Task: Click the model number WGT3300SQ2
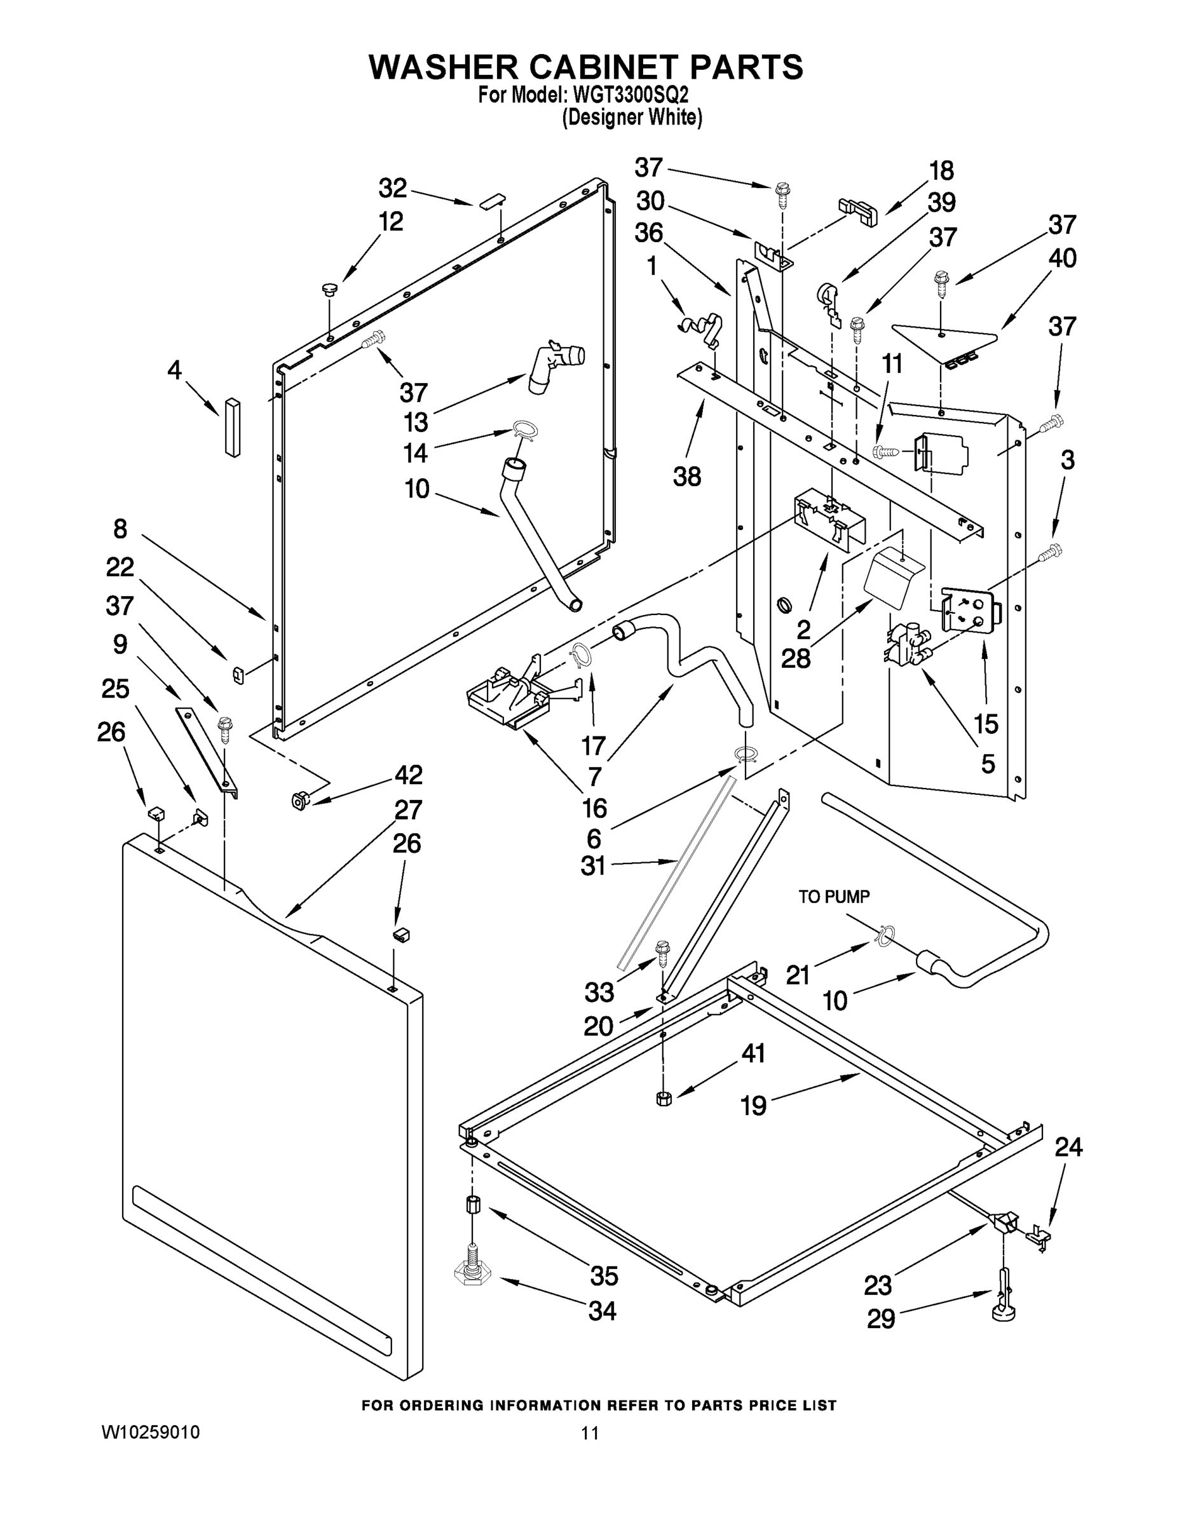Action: tap(630, 94)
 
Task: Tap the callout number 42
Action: tap(409, 775)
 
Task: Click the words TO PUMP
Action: tap(834, 897)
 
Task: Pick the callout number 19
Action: tap(753, 1106)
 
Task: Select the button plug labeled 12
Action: tap(328, 288)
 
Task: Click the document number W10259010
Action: tap(151, 1433)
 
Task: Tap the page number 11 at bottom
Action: tap(590, 1433)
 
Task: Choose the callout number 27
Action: tap(408, 810)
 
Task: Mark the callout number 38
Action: tap(686, 477)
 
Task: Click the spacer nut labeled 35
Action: tap(471, 1206)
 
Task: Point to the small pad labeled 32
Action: tap(492, 200)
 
